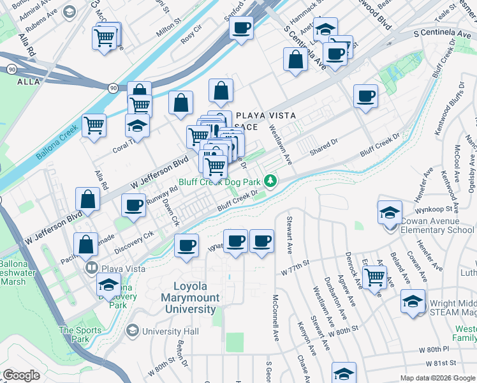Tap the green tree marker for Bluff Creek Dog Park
[271, 182]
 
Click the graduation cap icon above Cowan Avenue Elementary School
[390, 212]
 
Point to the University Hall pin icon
[133, 331]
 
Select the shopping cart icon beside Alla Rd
[94, 124]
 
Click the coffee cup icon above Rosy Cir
[241, 28]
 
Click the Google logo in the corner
[21, 375]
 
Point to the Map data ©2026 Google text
[437, 378]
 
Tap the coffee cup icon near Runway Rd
[133, 206]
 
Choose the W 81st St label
[446, 363]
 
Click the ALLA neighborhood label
[28, 82]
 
